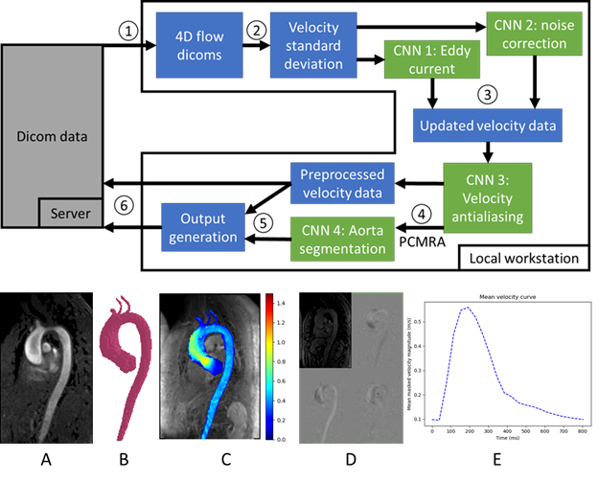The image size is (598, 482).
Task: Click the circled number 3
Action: click(x=488, y=94)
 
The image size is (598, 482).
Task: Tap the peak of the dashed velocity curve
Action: click(x=467, y=308)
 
